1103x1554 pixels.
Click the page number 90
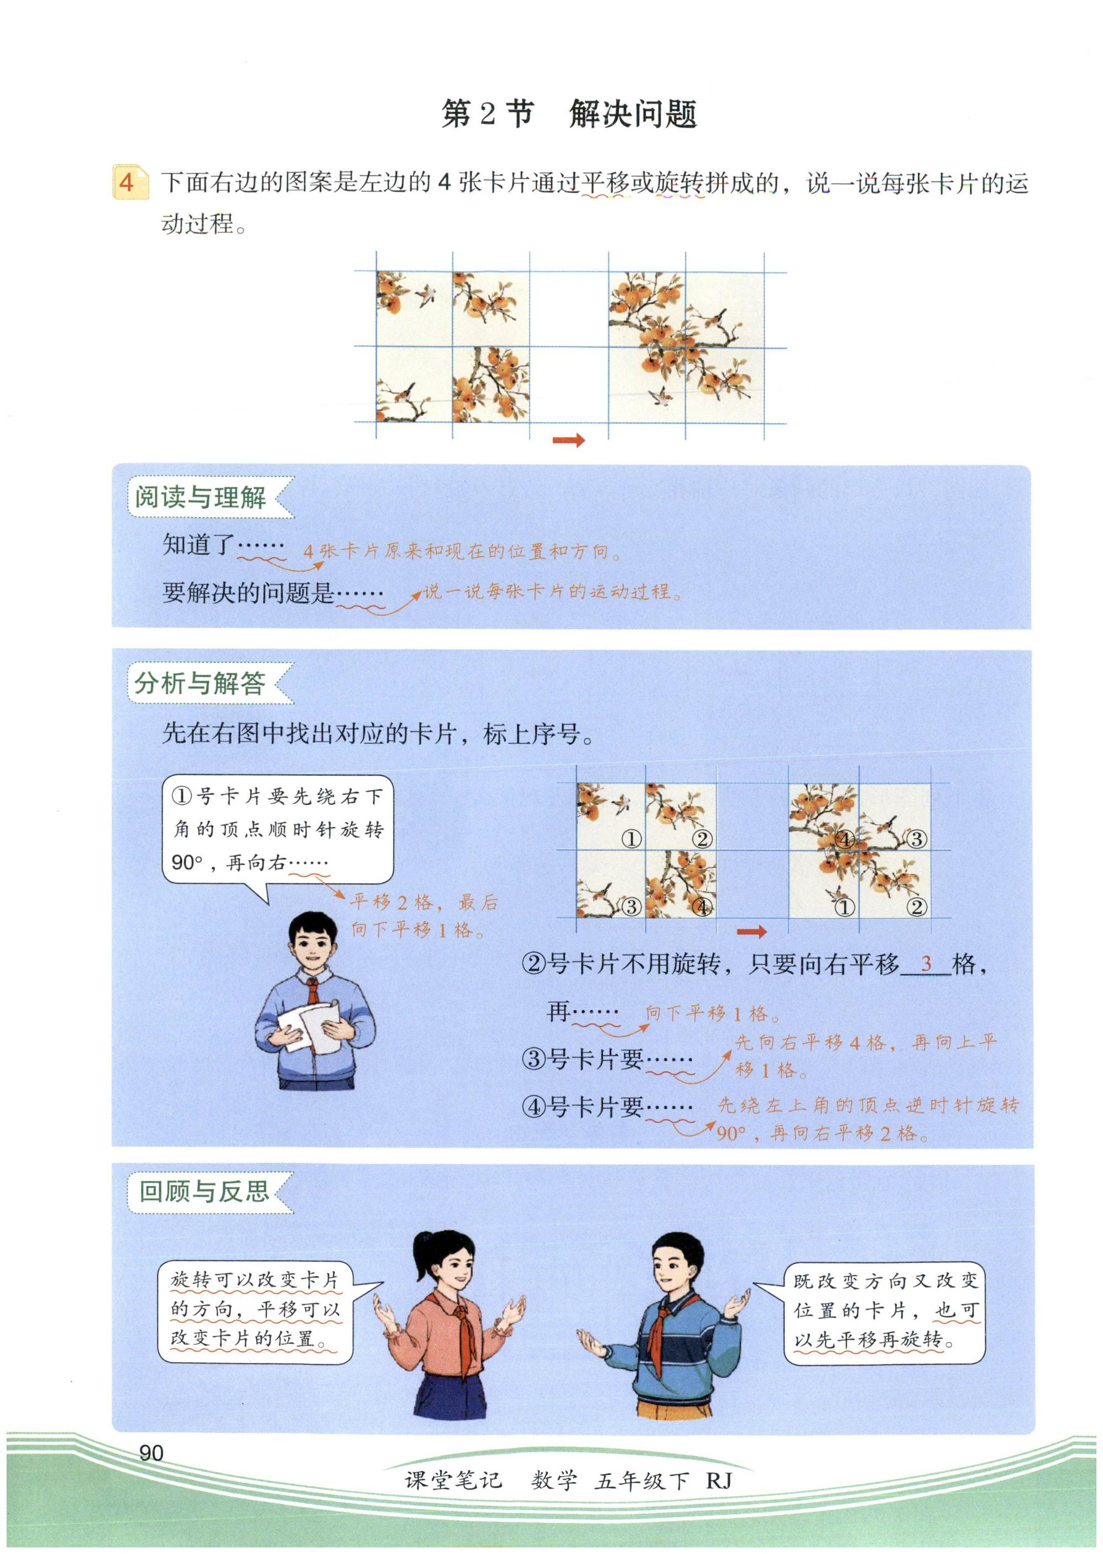[151, 1452]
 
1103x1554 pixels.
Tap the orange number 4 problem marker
[129, 182]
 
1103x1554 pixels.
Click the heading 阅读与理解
[200, 497]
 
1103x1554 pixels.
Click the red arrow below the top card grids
[568, 441]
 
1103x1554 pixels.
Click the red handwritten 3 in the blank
[925, 962]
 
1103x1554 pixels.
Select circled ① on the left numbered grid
[631, 839]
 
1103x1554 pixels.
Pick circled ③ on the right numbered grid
[916, 839]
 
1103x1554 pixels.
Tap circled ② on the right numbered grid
[916, 907]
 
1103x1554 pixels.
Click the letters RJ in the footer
[719, 1479]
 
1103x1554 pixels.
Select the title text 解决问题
[633, 113]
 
